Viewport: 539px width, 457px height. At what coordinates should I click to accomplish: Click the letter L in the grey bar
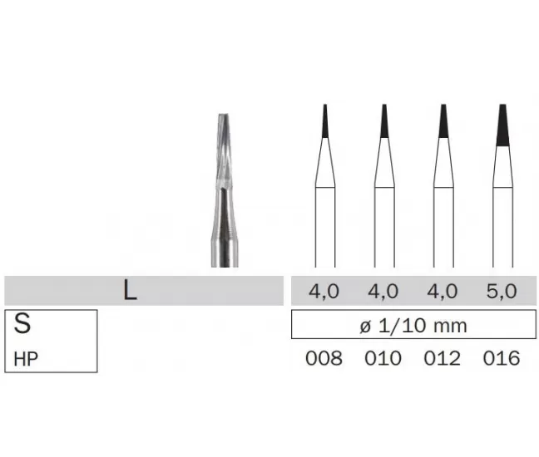[x=130, y=291]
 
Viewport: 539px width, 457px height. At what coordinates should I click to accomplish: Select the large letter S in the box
[x=22, y=323]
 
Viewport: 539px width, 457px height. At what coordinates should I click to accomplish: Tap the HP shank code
[x=26, y=359]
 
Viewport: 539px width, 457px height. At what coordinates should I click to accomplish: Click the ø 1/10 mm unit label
[x=413, y=325]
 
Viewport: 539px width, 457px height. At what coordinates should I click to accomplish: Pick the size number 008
[x=324, y=358]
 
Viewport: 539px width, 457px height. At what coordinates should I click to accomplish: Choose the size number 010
[x=383, y=358]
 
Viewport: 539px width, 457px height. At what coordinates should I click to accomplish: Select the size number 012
[x=442, y=358]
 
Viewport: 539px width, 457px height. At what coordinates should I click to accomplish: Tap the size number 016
[x=502, y=358]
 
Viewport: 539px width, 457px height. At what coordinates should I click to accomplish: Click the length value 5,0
[x=502, y=291]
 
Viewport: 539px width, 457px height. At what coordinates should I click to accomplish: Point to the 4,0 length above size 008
[x=324, y=291]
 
